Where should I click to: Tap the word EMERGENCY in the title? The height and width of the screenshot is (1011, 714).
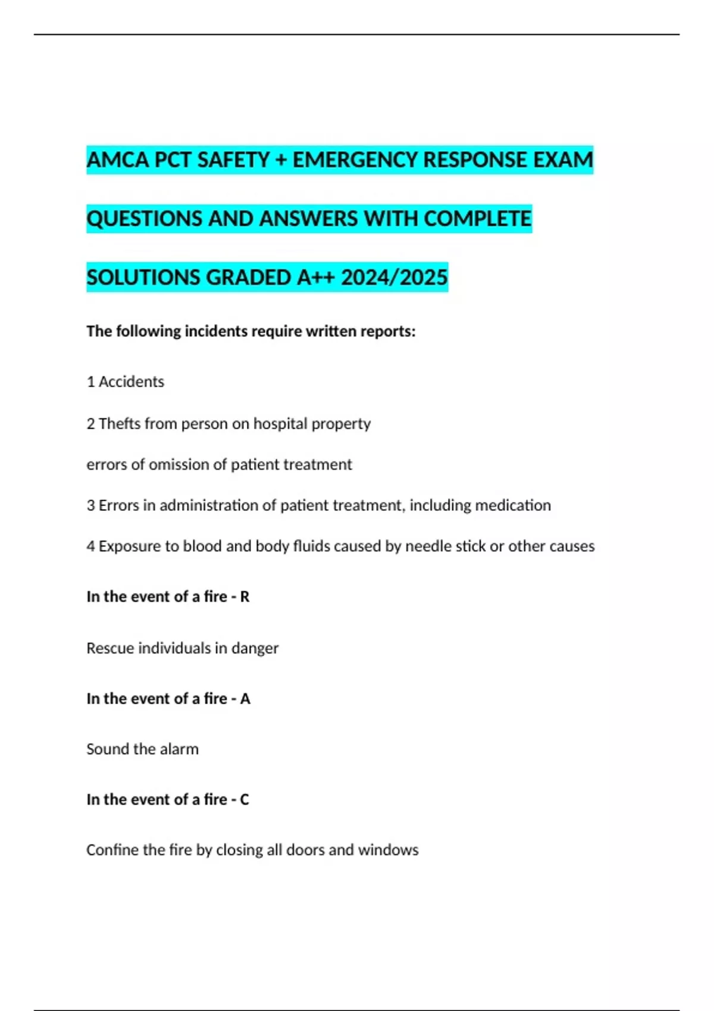click(355, 160)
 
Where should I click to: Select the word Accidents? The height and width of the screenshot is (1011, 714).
click(131, 382)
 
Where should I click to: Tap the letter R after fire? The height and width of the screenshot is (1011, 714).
click(245, 596)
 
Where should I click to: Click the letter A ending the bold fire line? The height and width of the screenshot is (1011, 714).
click(245, 698)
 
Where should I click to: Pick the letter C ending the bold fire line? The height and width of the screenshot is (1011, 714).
click(244, 799)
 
